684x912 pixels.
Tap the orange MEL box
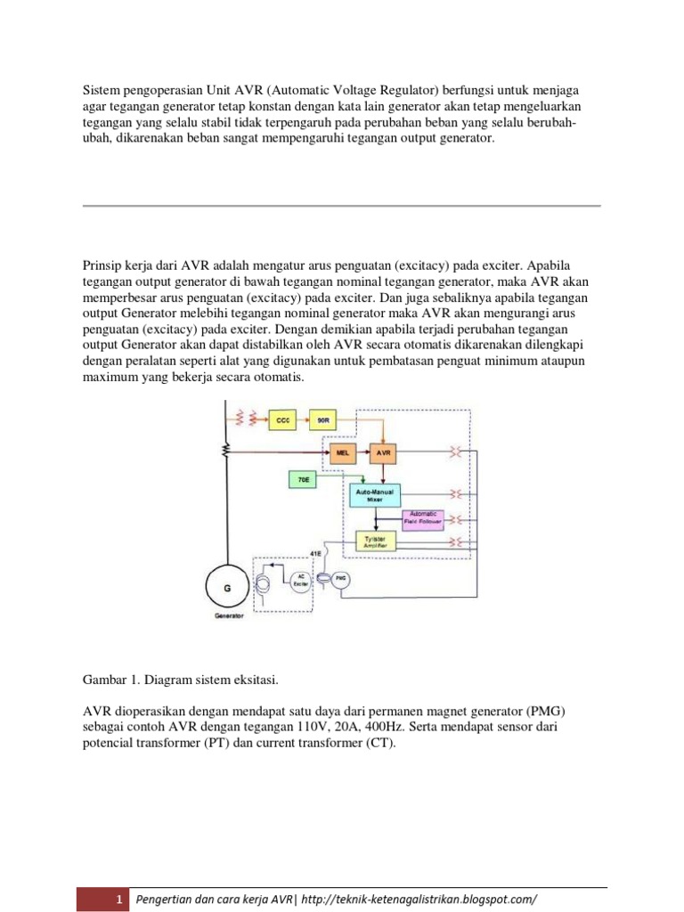click(x=341, y=453)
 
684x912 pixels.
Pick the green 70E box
click(x=303, y=480)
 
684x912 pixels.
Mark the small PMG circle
click(x=339, y=580)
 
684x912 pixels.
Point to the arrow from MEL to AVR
click(x=362, y=453)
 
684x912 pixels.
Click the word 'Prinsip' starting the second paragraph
click(x=103, y=265)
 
